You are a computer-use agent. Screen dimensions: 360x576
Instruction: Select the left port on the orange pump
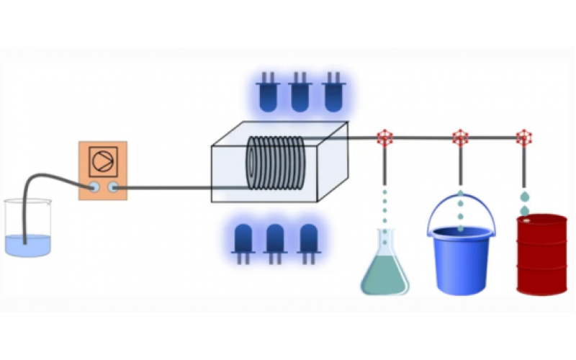click(94, 188)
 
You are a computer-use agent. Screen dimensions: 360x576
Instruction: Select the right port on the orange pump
click(113, 188)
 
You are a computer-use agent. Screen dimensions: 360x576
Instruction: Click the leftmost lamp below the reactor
click(243, 240)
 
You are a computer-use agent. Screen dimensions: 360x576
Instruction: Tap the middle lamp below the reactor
click(275, 240)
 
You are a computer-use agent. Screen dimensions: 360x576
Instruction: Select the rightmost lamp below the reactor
click(308, 240)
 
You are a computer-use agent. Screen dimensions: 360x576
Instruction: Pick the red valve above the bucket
click(460, 137)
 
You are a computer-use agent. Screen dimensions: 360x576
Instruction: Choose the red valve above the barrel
click(524, 137)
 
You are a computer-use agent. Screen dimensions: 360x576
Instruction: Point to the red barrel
click(541, 256)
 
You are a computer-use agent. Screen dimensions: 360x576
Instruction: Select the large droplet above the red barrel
click(526, 197)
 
